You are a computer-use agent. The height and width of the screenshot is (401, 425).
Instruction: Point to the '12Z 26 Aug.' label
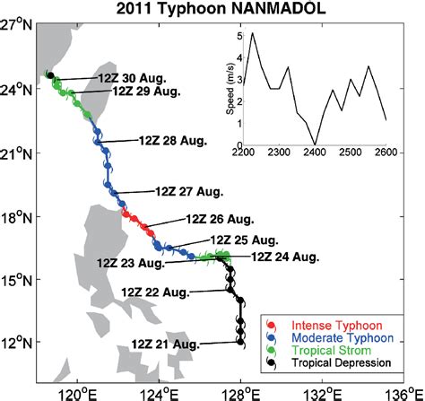pos(221,218)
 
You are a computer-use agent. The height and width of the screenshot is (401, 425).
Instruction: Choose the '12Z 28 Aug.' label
pos(173,140)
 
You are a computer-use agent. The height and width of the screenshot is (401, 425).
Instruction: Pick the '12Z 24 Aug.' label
pos(285,257)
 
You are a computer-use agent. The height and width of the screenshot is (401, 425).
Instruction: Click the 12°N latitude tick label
pos(18,344)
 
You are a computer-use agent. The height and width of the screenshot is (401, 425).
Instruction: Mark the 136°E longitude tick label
pos(401,391)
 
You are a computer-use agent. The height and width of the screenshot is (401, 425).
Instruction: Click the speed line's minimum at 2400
pos(314,144)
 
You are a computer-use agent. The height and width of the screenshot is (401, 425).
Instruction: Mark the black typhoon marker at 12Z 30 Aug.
pos(50,76)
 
